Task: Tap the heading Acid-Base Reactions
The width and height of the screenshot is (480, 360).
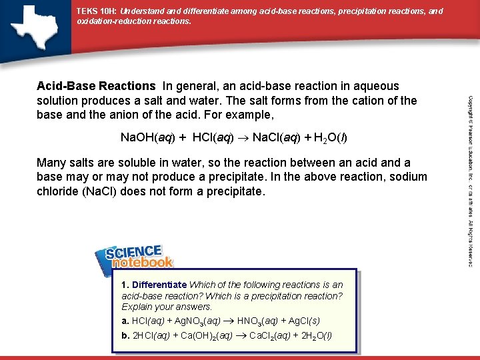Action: (x=96, y=86)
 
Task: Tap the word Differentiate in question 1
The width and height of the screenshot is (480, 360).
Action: (x=159, y=285)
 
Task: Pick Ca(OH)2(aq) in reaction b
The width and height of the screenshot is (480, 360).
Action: (x=206, y=335)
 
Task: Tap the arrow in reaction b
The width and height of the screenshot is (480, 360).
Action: (x=241, y=335)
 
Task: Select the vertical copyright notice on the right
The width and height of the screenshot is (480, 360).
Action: (x=469, y=180)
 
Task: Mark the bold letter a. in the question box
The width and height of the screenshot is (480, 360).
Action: (x=125, y=321)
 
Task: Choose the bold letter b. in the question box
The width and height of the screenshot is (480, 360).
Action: (x=125, y=335)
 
